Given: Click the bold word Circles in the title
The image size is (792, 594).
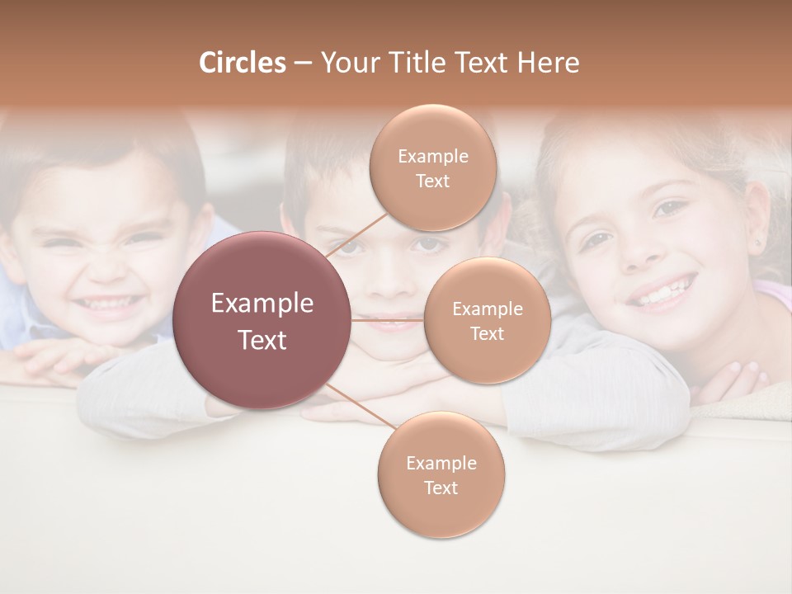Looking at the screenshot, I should pyautogui.click(x=242, y=63).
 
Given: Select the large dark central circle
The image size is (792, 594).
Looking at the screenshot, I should pyautogui.click(x=262, y=320).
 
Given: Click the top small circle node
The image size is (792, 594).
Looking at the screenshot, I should pyautogui.click(x=432, y=167).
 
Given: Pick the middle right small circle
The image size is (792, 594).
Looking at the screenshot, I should pyautogui.click(x=487, y=320).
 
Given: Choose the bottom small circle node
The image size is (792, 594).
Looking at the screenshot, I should pyautogui.click(x=441, y=474).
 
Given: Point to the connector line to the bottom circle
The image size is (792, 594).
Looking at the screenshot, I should pyautogui.click(x=361, y=406).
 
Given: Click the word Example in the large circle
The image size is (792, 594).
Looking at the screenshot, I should pyautogui.click(x=262, y=304).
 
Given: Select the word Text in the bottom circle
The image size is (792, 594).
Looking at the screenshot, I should pyautogui.click(x=441, y=488).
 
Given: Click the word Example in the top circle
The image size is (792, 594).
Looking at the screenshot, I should pyautogui.click(x=432, y=156).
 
